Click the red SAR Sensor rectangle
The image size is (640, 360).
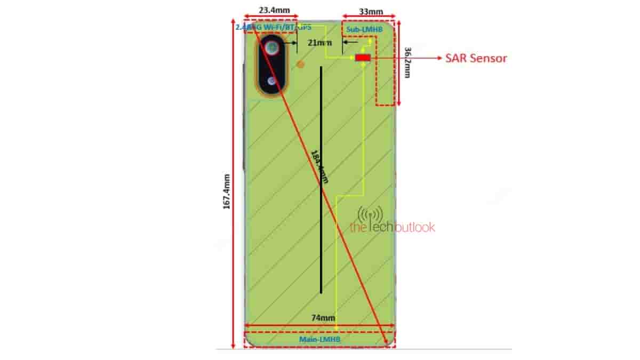pyautogui.click(x=363, y=58)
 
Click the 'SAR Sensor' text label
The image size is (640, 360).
pyautogui.click(x=476, y=58)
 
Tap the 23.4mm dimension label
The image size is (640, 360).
pyautogui.click(x=271, y=10)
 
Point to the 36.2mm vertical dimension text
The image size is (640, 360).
pyautogui.click(x=408, y=62)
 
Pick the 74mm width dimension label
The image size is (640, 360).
pyautogui.click(x=319, y=318)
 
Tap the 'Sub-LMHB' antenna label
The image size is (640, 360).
pyautogui.click(x=364, y=29)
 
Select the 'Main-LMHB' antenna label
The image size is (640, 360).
pyautogui.click(x=320, y=339)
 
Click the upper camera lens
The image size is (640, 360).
pyautogui.click(x=273, y=49)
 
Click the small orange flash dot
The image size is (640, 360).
pyautogui.click(x=300, y=65)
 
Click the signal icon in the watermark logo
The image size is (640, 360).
pyautogui.click(x=370, y=214)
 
